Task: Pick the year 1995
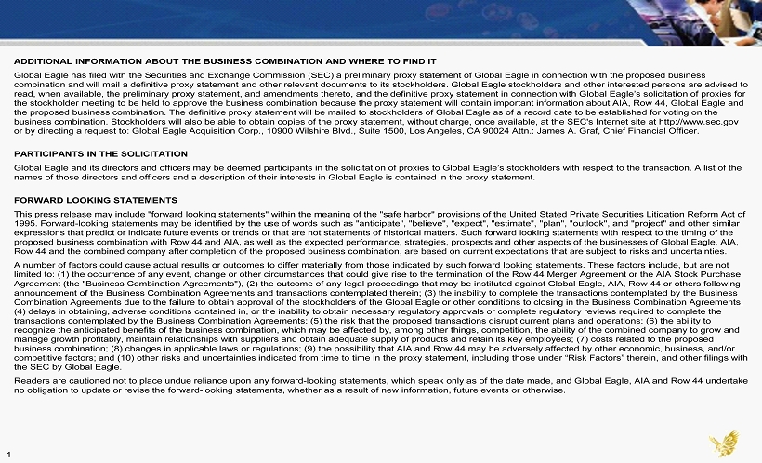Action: [x=24, y=223]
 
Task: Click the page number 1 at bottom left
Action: [x=8, y=454]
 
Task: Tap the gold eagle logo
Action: [x=723, y=443]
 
